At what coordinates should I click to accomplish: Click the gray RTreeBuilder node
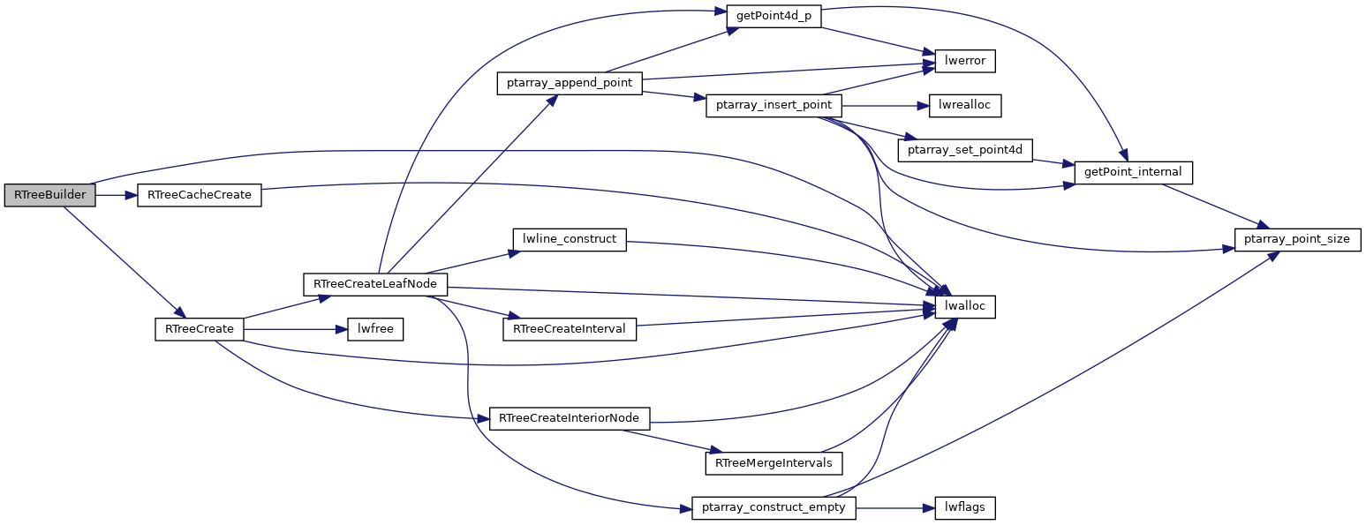coord(49,195)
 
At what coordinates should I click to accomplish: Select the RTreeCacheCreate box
coord(200,195)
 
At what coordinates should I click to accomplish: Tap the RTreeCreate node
coord(200,329)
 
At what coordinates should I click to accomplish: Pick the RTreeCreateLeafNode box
coord(375,284)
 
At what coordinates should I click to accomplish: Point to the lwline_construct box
coord(570,239)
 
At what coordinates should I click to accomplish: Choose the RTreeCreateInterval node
coord(570,329)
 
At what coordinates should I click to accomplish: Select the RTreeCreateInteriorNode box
coord(570,418)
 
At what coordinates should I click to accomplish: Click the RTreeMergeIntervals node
coord(774,462)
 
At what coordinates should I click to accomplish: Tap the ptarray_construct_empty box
coord(774,507)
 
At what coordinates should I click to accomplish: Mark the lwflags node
coord(965,507)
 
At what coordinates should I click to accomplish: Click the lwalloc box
coord(965,306)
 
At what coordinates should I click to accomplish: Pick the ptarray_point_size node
coord(1297,239)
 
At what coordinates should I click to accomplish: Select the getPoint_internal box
coord(1133,172)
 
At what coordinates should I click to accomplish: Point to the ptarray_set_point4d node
coord(965,150)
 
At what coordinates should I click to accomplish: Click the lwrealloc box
coord(965,105)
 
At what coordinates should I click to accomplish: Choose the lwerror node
coord(965,61)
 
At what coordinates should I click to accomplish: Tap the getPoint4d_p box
coord(774,16)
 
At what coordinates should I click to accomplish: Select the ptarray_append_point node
coord(570,83)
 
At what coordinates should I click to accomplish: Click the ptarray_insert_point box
coord(774,105)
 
